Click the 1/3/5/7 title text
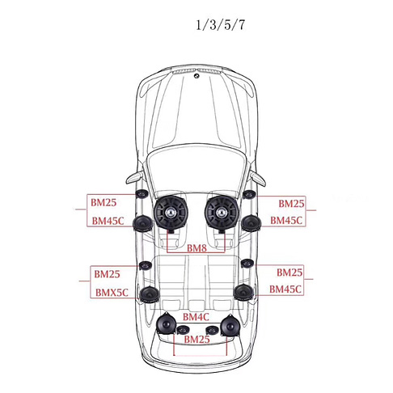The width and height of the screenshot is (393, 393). pyautogui.click(x=220, y=25)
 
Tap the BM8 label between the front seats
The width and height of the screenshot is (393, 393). pyautogui.click(x=196, y=247)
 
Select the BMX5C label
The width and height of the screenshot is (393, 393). pyautogui.click(x=112, y=293)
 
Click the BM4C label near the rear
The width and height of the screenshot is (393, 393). pyautogui.click(x=196, y=317)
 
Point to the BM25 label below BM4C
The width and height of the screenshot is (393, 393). pyautogui.click(x=196, y=340)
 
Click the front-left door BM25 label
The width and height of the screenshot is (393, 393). pyautogui.click(x=104, y=202)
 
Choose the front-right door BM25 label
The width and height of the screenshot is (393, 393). pyautogui.click(x=291, y=204)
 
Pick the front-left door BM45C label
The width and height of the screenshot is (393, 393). pyautogui.click(x=108, y=221)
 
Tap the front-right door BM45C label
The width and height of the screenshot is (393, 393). pyautogui.click(x=286, y=220)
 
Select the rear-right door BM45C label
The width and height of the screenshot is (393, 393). pyautogui.click(x=285, y=289)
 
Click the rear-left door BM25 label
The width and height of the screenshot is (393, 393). pyautogui.click(x=107, y=274)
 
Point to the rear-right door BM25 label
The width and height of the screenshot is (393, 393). pyautogui.click(x=289, y=273)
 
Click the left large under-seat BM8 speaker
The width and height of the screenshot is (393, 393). pyautogui.click(x=171, y=213)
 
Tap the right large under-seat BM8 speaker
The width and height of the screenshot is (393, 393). pyautogui.click(x=222, y=213)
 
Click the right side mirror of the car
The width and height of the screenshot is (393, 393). pyautogui.click(x=258, y=179)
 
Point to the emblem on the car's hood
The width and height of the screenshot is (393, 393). pyautogui.click(x=196, y=76)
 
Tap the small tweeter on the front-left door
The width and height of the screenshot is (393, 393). pyautogui.click(x=142, y=194)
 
